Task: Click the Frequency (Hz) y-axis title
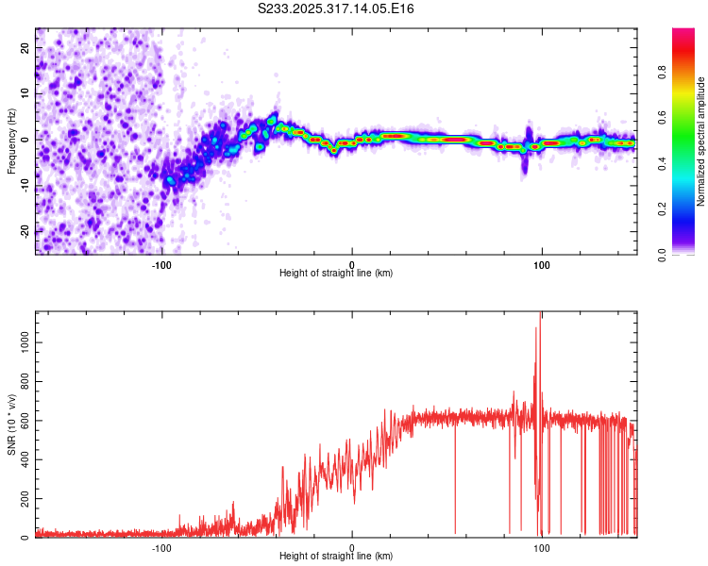point(11,139)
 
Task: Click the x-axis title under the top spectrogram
point(336,274)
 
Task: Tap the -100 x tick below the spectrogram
point(161,264)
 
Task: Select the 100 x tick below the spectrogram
point(542,264)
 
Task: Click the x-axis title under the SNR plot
point(336,557)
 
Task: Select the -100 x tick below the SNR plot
point(161,547)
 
